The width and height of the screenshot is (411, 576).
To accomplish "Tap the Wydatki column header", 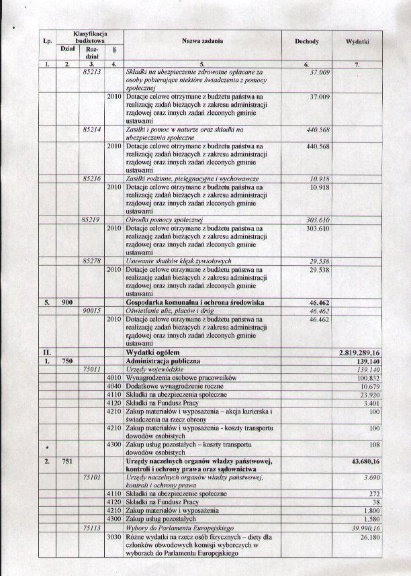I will coord(359,42).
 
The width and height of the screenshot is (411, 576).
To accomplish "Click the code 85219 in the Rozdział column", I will coord(91,220).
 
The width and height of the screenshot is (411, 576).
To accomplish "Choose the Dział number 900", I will coord(67,303).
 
